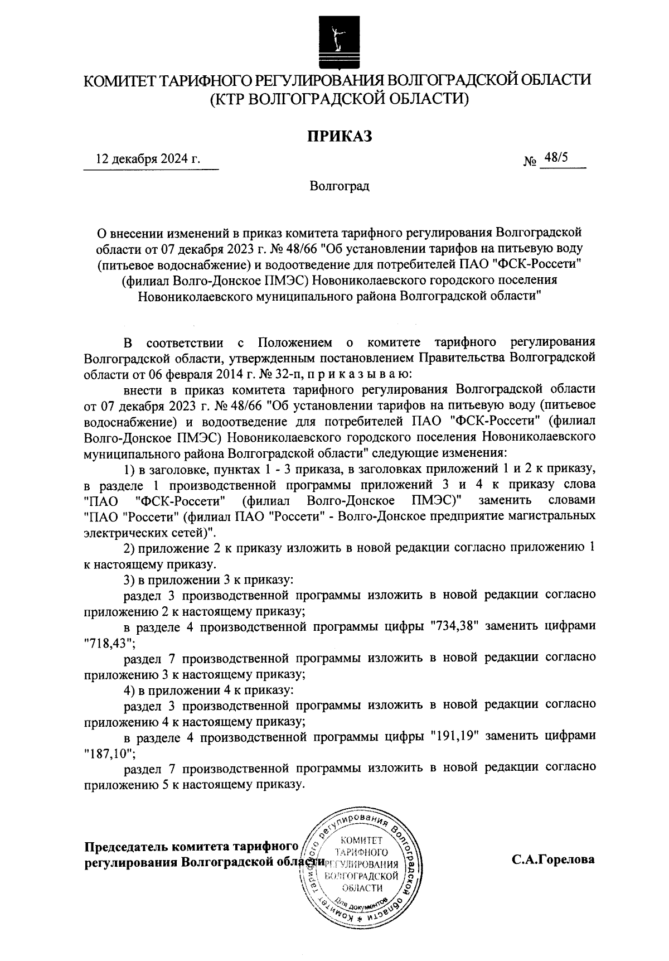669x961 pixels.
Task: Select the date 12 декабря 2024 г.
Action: point(148,159)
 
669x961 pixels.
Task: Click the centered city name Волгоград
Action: point(340,186)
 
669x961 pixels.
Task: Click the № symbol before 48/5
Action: point(529,162)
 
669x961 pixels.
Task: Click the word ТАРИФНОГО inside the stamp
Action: point(361,852)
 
